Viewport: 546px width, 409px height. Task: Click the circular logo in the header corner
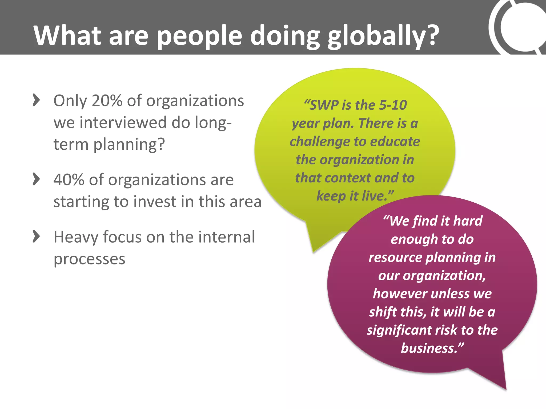[520, 27]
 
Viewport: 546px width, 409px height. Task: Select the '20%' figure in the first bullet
[107, 101]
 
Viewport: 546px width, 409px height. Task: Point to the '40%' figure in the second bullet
[69, 180]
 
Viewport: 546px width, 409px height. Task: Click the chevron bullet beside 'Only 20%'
[36, 100]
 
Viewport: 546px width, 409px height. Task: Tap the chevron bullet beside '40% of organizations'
[36, 179]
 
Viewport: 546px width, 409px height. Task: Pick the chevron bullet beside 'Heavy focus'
[36, 236]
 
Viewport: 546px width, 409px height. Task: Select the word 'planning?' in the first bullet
[129, 145]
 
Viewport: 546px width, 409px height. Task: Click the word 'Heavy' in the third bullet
[76, 237]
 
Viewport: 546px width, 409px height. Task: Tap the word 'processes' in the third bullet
[89, 259]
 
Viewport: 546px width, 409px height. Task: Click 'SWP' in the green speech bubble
[324, 105]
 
